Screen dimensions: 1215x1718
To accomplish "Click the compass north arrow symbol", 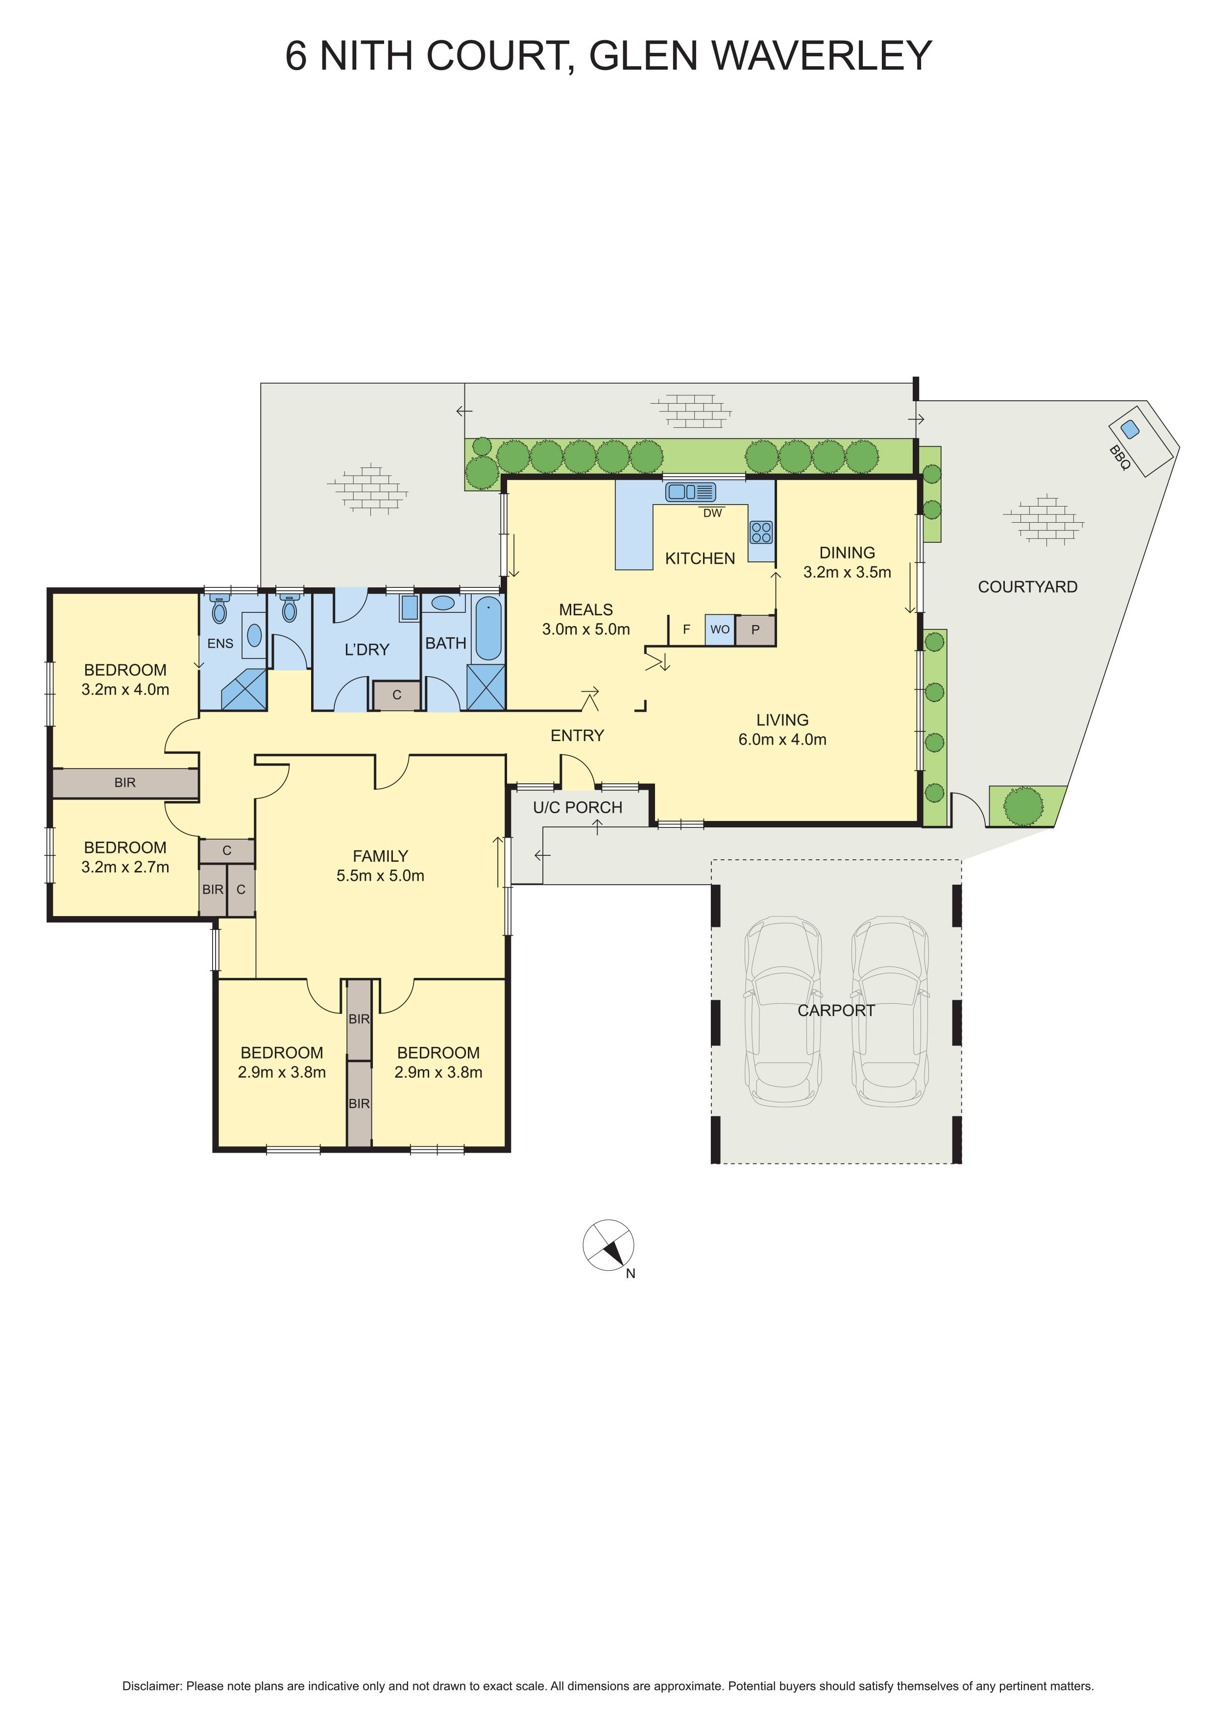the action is [x=608, y=1245].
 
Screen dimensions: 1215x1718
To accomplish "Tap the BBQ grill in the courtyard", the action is [x=1140, y=439].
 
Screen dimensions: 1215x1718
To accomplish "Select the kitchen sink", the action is [x=691, y=492].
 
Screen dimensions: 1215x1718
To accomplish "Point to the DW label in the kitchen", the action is [x=712, y=513].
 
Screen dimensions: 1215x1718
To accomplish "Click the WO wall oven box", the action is [x=720, y=629].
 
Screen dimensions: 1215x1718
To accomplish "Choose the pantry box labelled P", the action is [x=755, y=630].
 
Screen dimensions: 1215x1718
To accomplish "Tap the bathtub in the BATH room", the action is [x=488, y=628].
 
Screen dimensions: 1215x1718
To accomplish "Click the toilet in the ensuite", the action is [x=219, y=610].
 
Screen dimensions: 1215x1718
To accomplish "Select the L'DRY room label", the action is [x=366, y=650].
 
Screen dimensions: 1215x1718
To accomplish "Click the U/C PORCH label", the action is [x=578, y=807].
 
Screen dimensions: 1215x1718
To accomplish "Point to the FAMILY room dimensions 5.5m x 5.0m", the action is [x=380, y=875].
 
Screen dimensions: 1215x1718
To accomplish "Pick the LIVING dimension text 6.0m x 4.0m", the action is [x=782, y=739].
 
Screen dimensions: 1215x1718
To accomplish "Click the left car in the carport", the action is [x=782, y=1011].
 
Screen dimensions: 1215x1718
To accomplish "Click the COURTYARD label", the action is [x=1027, y=587].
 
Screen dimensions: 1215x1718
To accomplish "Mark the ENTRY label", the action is [x=577, y=735].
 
